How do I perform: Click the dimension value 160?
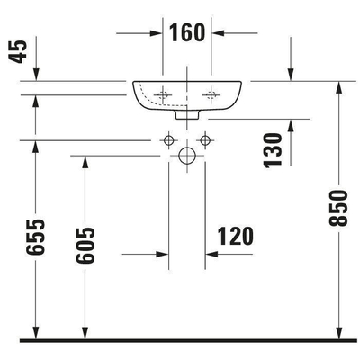pyautogui.click(x=187, y=33)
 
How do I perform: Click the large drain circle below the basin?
pyautogui.click(x=187, y=157)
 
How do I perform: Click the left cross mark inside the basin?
pyautogui.click(x=163, y=93)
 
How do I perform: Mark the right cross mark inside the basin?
pyautogui.click(x=212, y=93)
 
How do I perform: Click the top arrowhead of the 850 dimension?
pyautogui.click(x=337, y=86)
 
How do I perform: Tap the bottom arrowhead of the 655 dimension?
pyautogui.click(x=35, y=332)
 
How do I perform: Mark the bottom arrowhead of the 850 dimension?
pyautogui.click(x=337, y=332)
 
